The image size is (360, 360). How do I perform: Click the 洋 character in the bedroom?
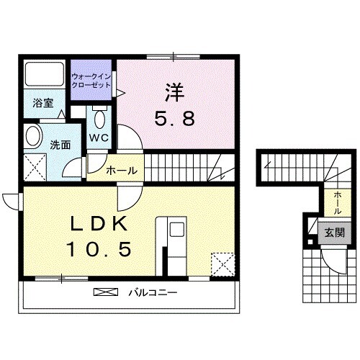(x=174, y=93)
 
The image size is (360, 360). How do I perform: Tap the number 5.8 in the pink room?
(x=174, y=119)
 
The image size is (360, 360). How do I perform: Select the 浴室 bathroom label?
(x=42, y=104)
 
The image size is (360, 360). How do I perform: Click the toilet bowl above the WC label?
(x=99, y=117)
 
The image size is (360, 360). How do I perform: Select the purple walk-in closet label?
(x=91, y=81)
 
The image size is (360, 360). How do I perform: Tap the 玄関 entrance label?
(x=333, y=232)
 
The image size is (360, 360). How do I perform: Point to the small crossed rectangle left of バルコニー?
(x=106, y=293)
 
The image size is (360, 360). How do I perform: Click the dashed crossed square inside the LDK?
(x=222, y=264)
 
